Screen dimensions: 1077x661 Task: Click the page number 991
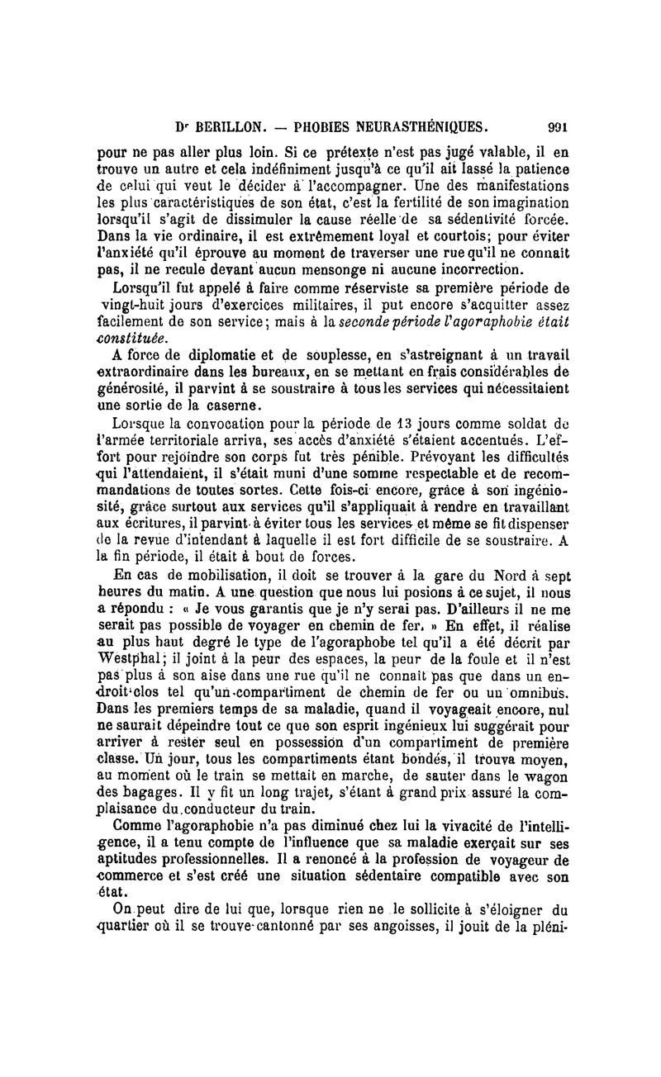(x=559, y=128)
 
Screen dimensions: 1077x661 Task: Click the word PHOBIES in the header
(x=314, y=128)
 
